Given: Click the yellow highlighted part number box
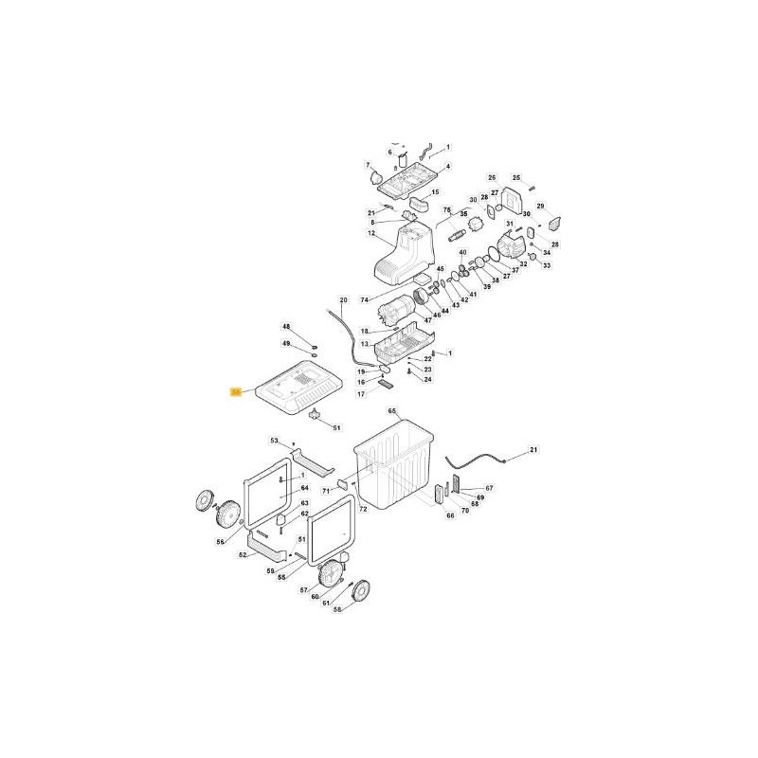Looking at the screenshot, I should pyautogui.click(x=236, y=390).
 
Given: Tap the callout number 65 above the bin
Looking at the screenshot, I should pyautogui.click(x=391, y=412).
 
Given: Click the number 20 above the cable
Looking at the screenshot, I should pyautogui.click(x=343, y=300).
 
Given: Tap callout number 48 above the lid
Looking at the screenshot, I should pyautogui.click(x=286, y=326).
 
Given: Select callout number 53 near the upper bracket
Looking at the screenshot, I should pyautogui.click(x=274, y=441).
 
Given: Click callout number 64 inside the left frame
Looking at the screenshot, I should pyautogui.click(x=305, y=487).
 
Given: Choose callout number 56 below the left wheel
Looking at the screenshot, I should pyautogui.click(x=220, y=543).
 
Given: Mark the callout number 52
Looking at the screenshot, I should pyautogui.click(x=243, y=555).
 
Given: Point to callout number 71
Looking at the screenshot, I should pyautogui.click(x=325, y=492).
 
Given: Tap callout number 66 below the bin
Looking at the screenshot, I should pyautogui.click(x=450, y=515).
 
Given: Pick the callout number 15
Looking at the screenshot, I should pyautogui.click(x=435, y=192).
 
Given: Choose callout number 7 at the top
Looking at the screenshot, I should pyautogui.click(x=369, y=165).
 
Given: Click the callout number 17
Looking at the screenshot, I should pyautogui.click(x=362, y=393).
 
